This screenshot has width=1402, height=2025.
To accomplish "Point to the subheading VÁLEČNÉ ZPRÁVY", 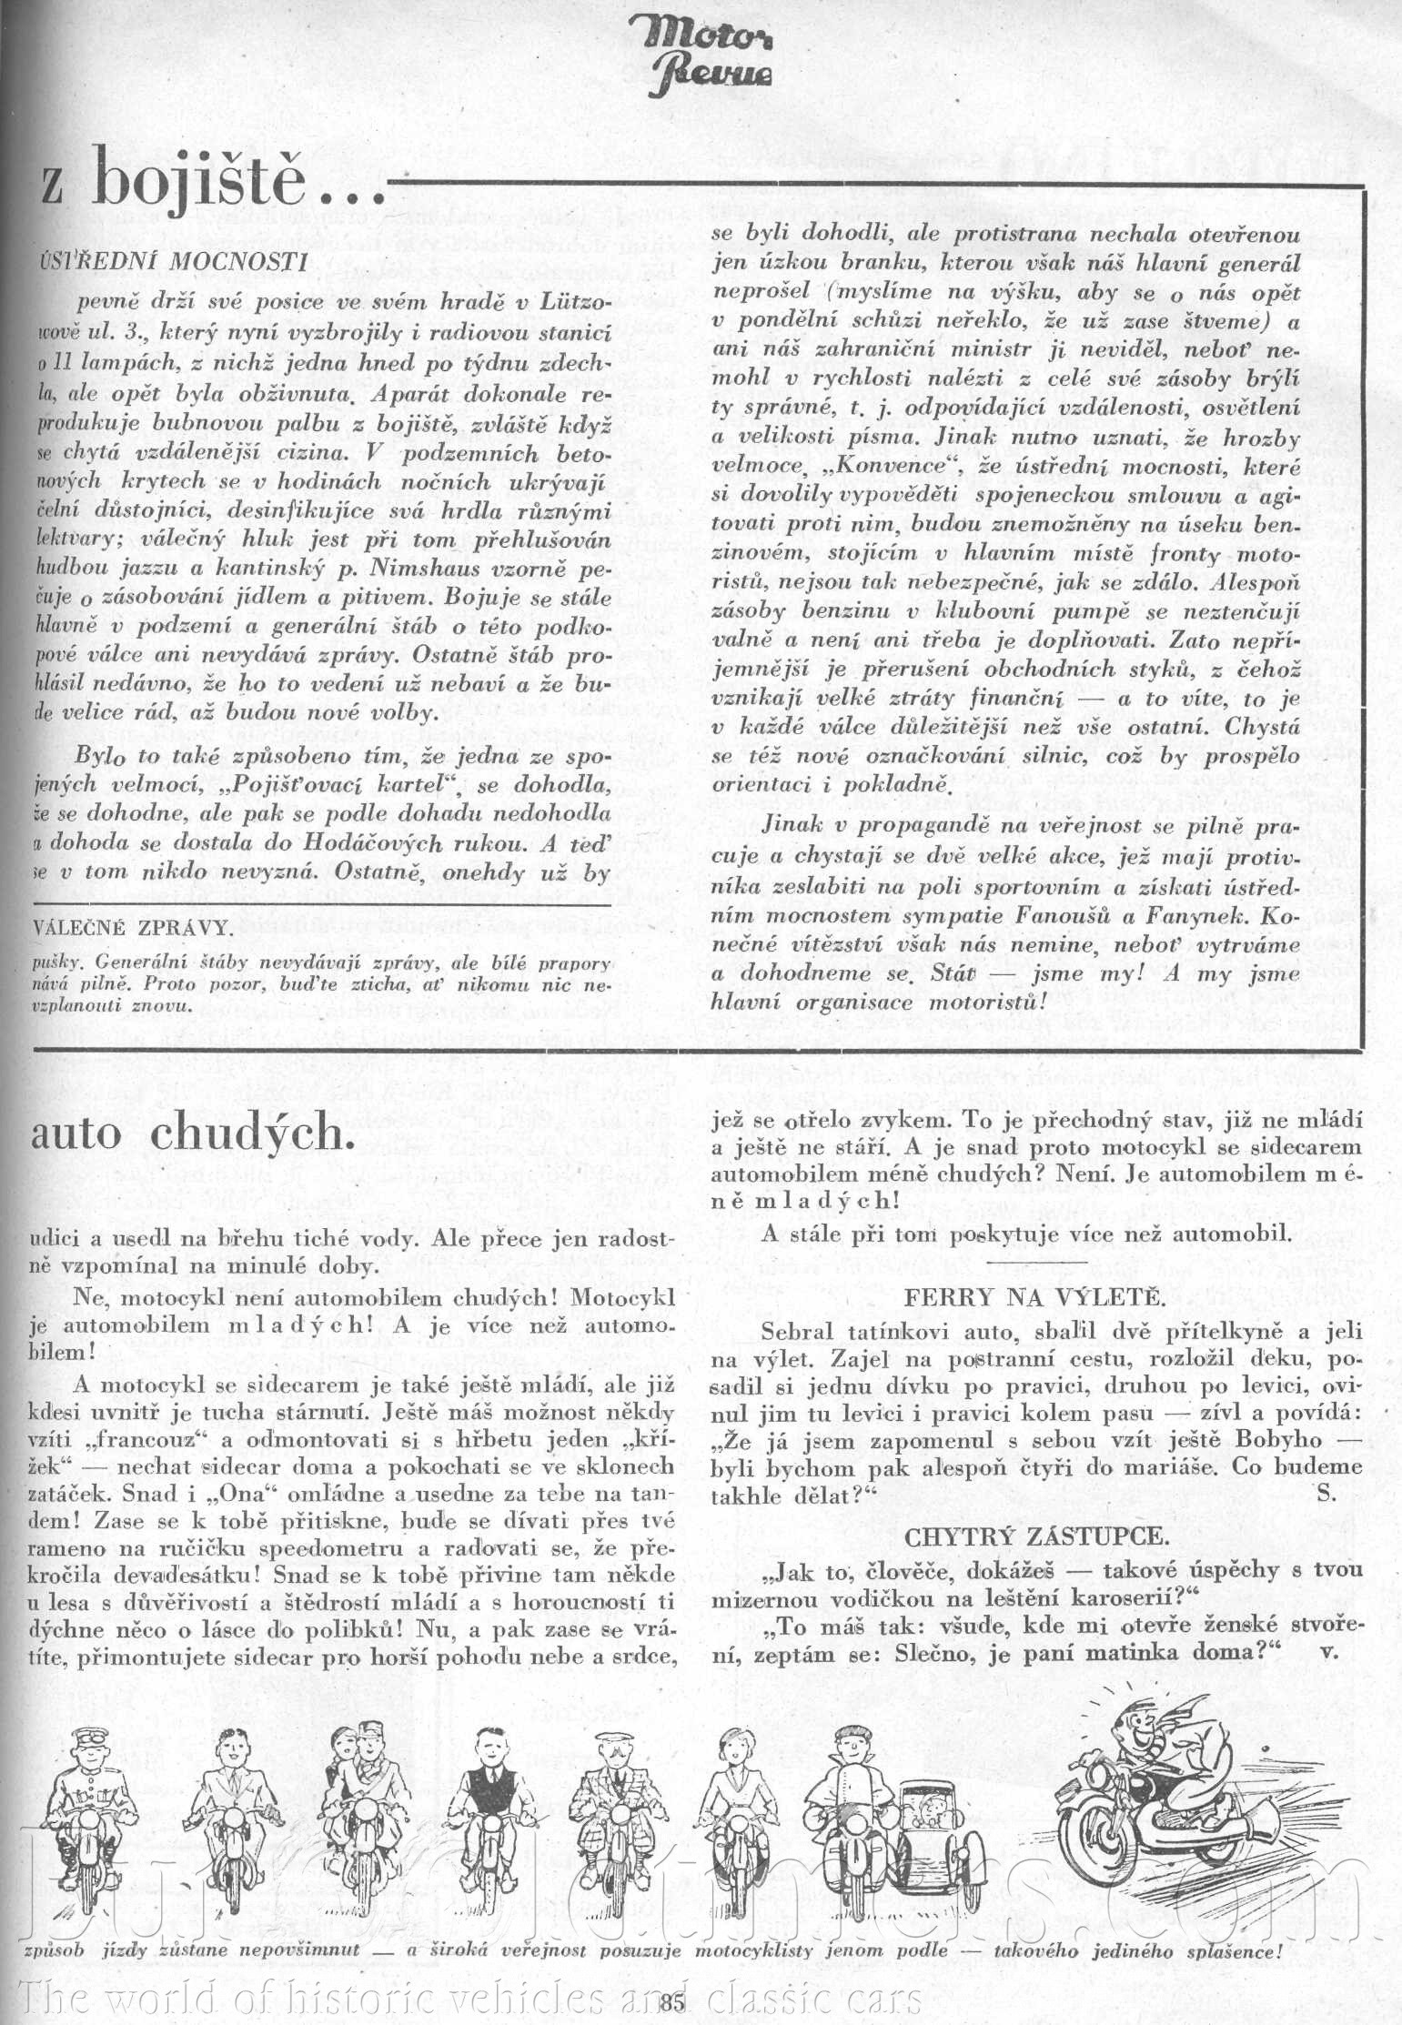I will click(x=132, y=929).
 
